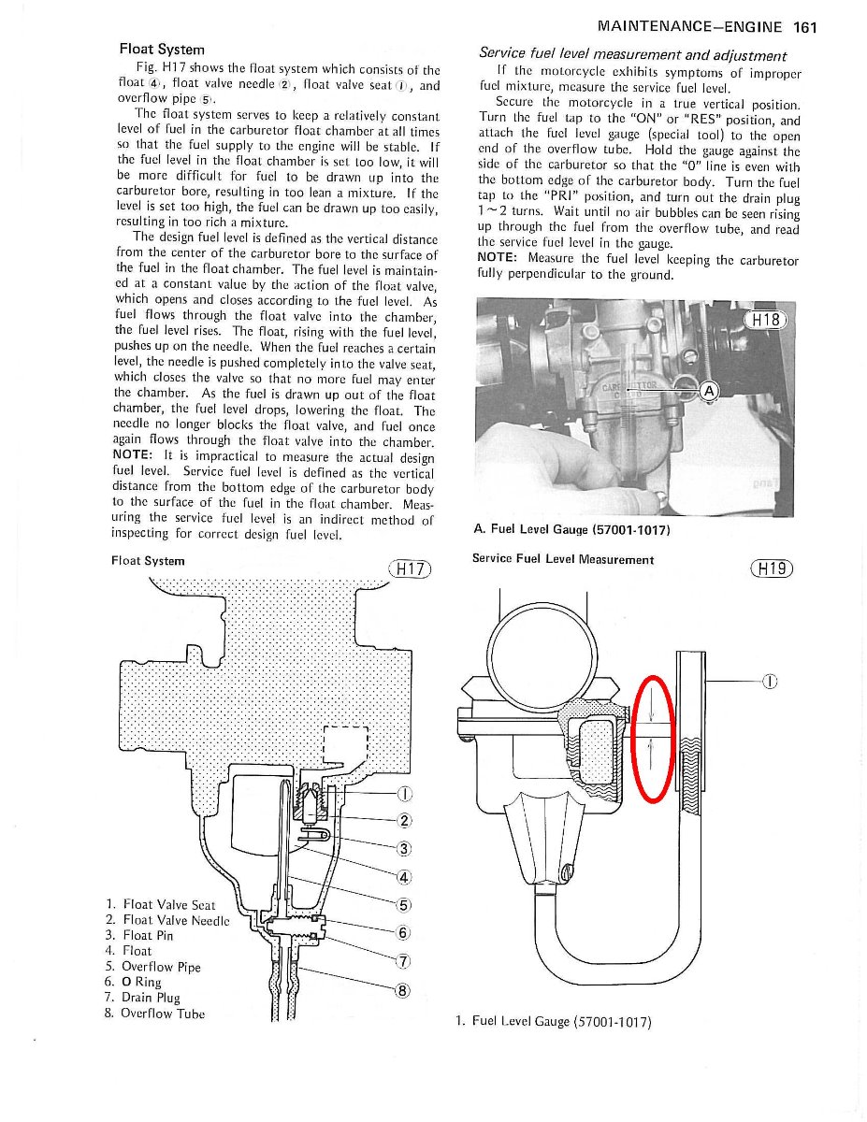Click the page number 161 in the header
(803, 27)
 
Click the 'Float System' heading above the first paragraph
(162, 49)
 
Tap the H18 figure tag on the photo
(765, 320)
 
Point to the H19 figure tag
(772, 568)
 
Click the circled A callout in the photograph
(708, 391)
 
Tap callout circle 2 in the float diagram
(404, 822)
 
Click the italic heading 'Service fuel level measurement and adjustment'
(632, 54)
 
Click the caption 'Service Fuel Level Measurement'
(563, 559)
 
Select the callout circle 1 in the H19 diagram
(770, 681)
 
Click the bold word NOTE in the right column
(499, 258)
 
